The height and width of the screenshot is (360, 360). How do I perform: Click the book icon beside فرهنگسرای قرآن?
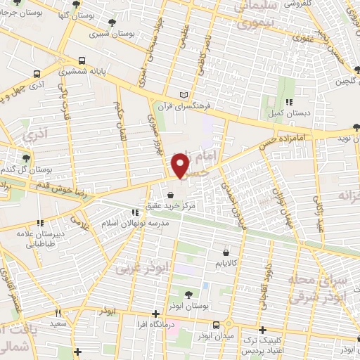pyautogui.click(x=185, y=94)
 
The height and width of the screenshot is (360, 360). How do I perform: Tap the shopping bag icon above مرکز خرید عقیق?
pyautogui.click(x=169, y=195)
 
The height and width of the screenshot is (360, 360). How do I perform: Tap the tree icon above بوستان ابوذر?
pyautogui.click(x=187, y=294)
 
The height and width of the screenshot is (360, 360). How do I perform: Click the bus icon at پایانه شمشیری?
pyautogui.click(x=82, y=60)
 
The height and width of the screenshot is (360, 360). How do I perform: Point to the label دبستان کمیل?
pyautogui.click(x=275, y=114)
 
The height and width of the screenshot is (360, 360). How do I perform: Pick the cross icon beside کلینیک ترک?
pyautogui.click(x=262, y=330)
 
